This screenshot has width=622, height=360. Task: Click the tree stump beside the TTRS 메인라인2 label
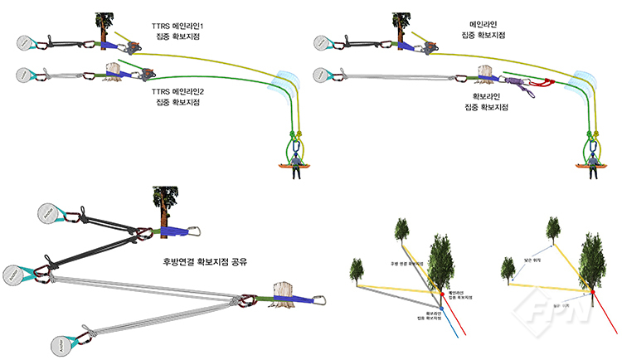point(111,72)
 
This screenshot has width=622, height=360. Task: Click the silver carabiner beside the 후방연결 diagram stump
point(319,299)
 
